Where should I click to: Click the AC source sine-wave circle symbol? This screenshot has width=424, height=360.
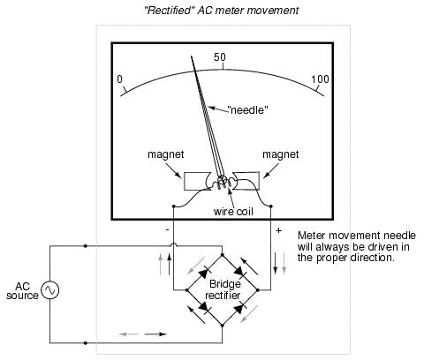pos(49,290)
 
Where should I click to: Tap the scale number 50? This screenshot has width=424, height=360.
pos(220,57)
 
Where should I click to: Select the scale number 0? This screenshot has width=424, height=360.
pos(119,79)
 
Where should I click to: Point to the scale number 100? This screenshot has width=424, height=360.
pos(321,79)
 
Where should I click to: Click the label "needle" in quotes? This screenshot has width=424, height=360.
pos(247,110)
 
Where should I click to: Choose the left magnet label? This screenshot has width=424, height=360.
pos(166,154)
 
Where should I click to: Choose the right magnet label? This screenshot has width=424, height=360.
pos(281,154)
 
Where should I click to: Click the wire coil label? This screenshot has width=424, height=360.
pos(233,212)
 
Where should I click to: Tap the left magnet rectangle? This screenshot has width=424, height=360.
pos(197,181)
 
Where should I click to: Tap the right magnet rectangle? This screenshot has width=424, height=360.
pos(246,181)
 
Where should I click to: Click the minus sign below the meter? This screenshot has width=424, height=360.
pos(168,229)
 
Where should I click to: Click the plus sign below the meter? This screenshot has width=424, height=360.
pos(278,230)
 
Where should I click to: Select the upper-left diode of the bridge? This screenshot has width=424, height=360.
pos(204,273)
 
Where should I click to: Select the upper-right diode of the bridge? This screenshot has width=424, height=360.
pos(239,273)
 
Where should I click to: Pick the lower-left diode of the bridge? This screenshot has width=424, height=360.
pos(205,307)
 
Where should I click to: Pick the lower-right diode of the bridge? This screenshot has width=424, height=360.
pos(239,307)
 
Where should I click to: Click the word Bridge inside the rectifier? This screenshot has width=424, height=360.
pos(225,285)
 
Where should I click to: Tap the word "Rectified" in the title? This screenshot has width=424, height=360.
pos(169,11)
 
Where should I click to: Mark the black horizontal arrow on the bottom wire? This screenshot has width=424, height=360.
pos(155,334)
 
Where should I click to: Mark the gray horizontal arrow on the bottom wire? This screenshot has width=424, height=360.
pos(129,334)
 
